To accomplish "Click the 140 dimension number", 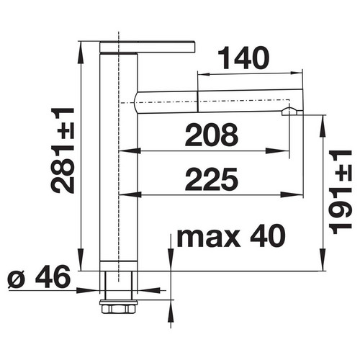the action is click(243, 58).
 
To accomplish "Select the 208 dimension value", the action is click(212, 135).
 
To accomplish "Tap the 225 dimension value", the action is click(212, 179).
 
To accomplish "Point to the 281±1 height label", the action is click(63, 150).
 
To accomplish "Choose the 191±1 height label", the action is click(341, 192).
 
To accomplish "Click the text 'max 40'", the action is click(231, 235).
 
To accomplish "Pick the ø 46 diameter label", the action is click(39, 276).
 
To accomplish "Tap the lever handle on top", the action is click(147, 47).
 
